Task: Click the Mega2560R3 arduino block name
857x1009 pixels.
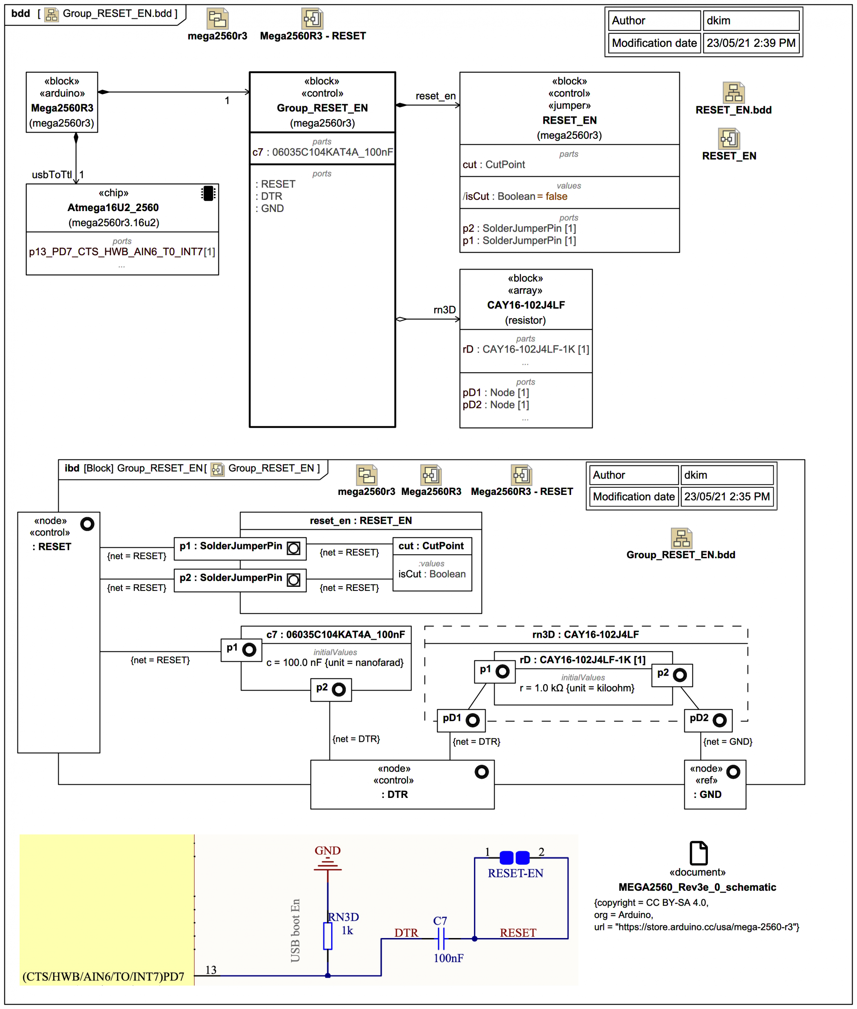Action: [x=62, y=108]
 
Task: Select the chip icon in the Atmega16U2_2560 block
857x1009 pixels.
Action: [x=208, y=193]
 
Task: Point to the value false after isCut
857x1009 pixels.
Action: [x=556, y=196]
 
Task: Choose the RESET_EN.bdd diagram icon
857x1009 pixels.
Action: [x=733, y=92]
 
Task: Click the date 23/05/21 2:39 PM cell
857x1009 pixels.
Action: [x=751, y=43]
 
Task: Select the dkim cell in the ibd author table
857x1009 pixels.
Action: [x=727, y=475]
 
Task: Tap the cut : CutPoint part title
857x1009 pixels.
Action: [x=431, y=545]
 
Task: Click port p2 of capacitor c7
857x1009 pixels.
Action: [x=331, y=689]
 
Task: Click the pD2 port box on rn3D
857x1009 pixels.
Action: [x=708, y=719]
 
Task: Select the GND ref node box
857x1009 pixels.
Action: [x=714, y=784]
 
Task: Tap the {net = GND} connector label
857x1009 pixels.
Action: [x=727, y=741]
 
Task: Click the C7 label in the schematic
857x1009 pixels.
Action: [x=440, y=921]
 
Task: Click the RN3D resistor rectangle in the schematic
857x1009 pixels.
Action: [x=328, y=936]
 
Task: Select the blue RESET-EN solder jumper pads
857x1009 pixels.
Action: [x=514, y=857]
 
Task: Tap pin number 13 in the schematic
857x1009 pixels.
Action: [x=210, y=970]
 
